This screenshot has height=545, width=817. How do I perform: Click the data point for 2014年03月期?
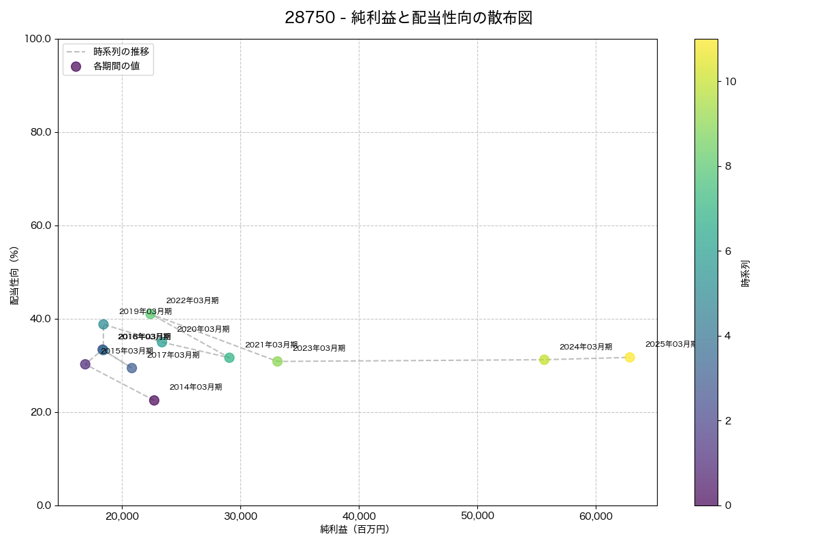point(154,401)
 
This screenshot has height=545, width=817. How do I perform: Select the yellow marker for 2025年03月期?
point(629,358)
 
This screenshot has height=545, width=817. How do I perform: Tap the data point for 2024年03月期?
point(544,360)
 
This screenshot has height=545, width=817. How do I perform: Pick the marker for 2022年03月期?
point(150,314)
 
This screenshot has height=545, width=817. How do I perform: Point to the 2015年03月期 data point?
point(85,364)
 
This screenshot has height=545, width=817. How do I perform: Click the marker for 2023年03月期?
point(277,362)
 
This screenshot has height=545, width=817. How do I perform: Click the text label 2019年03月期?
point(145,311)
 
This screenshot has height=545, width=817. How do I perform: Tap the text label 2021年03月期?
point(271,345)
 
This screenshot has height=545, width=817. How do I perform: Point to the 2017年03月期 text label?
point(174,355)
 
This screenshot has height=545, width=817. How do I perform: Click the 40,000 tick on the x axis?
point(359,516)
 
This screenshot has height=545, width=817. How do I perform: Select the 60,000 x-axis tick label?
point(596,516)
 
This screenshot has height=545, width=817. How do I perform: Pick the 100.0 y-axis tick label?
point(37,39)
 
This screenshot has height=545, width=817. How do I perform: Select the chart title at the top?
point(408,18)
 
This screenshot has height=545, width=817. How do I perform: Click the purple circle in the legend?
point(76,66)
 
